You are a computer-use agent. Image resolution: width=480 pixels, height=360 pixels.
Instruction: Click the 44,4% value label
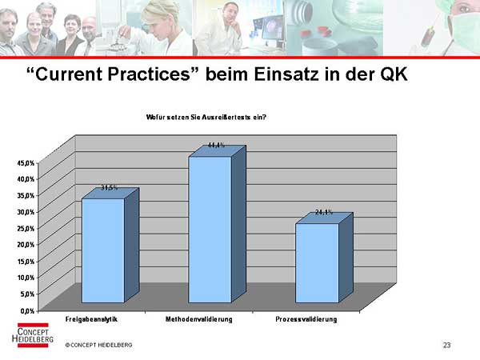point(216,145)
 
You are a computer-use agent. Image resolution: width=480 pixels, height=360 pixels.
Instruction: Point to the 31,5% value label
point(110,188)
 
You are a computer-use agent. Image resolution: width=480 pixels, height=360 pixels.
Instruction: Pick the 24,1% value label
point(324,212)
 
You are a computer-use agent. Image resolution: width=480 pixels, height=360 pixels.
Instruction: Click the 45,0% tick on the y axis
point(26,163)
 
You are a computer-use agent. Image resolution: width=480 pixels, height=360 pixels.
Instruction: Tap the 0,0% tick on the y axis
point(27,311)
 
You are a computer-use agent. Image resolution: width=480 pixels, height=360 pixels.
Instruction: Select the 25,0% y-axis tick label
point(26,228)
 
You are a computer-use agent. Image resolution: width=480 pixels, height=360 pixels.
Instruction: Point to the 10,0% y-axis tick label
point(26,278)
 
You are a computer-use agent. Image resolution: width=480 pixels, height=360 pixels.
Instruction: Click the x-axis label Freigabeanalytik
point(91,319)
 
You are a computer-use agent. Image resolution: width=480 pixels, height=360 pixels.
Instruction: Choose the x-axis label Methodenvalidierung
point(199,319)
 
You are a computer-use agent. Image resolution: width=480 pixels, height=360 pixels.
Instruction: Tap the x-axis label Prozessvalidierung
point(306,319)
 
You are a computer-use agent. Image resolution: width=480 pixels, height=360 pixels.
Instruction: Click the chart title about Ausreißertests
point(206,118)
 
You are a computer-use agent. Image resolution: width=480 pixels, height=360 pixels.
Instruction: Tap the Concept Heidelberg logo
point(33,335)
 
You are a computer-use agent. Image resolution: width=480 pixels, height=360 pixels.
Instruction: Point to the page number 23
point(446,345)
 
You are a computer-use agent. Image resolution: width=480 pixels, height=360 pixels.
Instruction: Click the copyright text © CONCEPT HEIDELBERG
point(98,345)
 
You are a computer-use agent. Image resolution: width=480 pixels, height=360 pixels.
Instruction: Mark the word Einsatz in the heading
point(286,74)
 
